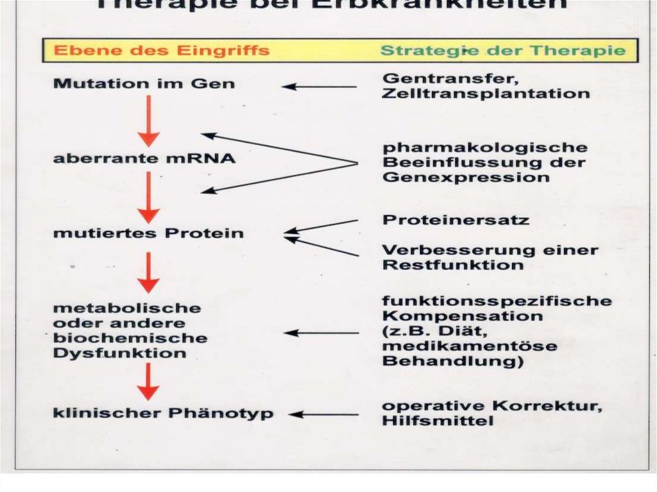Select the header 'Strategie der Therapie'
pyautogui.click(x=502, y=51)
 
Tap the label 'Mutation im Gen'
pyautogui.click(x=144, y=84)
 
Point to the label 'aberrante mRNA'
pyautogui.click(x=144, y=158)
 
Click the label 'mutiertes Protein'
pyautogui.click(x=148, y=233)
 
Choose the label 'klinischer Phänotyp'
pyautogui.click(x=163, y=414)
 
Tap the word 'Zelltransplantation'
pyautogui.click(x=486, y=94)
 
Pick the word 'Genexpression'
pyautogui.click(x=466, y=178)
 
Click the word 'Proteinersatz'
pyautogui.click(x=456, y=220)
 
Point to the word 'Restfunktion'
pyautogui.click(x=453, y=265)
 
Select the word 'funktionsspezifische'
pyautogui.click(x=497, y=301)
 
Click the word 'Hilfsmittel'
pyautogui.click(x=438, y=421)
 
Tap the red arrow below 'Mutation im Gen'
pyautogui.click(x=149, y=121)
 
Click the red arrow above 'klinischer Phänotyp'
pyautogui.click(x=149, y=381)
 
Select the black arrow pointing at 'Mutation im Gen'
pyautogui.click(x=320, y=87)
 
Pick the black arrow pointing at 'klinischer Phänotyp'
pyautogui.click(x=323, y=414)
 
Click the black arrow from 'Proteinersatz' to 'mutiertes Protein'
pyautogui.click(x=321, y=226)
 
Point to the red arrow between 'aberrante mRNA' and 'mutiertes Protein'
pyautogui.click(x=149, y=198)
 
